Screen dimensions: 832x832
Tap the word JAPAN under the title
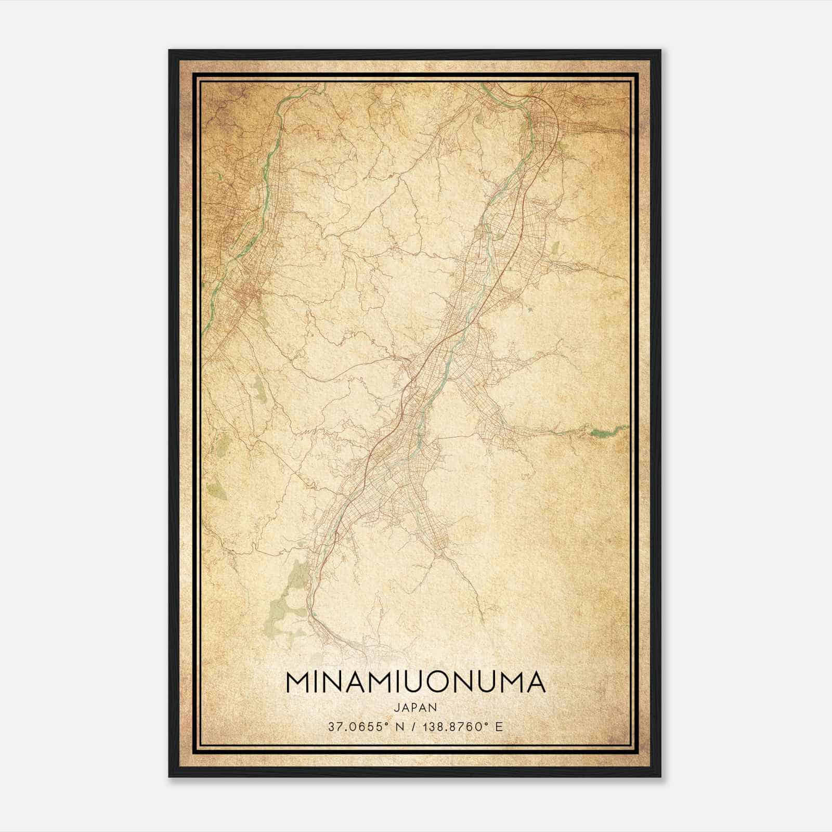pos(415,707)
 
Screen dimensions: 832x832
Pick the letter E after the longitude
pos(499,727)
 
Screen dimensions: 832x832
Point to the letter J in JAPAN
pos(396,707)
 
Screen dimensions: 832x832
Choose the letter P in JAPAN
pos(415,707)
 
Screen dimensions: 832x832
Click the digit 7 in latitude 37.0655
pos(337,727)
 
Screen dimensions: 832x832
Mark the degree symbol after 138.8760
pos(487,724)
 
